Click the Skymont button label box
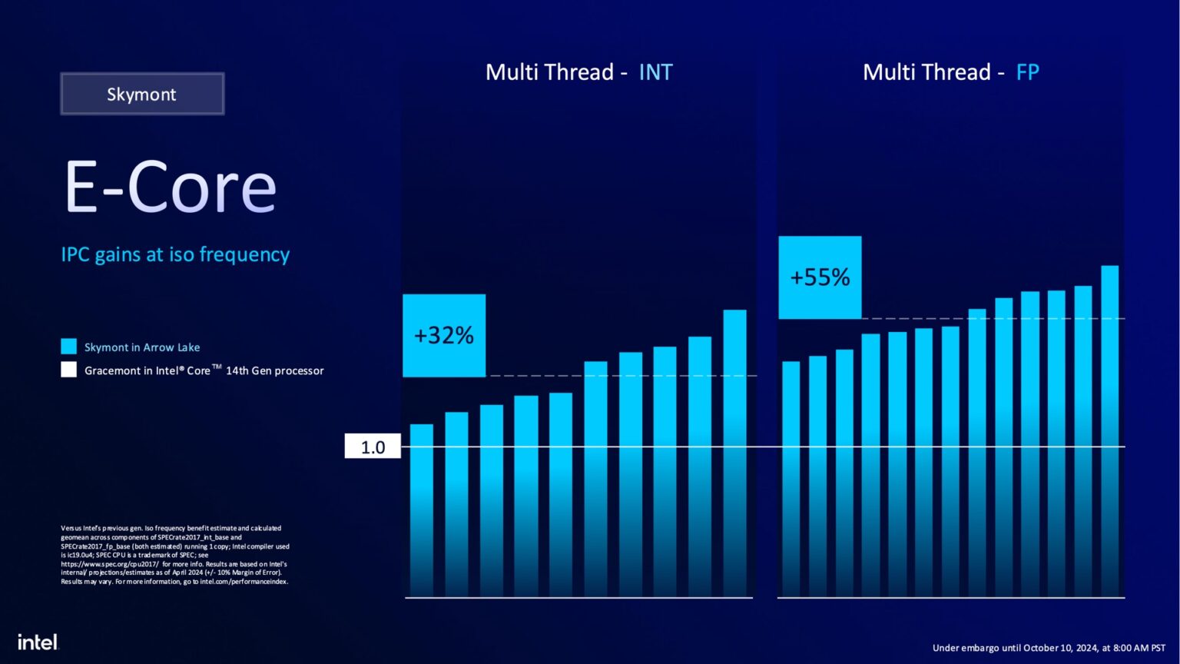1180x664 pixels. pos(142,94)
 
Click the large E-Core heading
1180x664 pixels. pos(170,188)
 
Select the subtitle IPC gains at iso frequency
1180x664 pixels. pos(175,254)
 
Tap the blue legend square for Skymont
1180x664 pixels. pos(69,347)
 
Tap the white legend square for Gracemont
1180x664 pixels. pos(69,370)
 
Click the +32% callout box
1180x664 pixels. pos(444,335)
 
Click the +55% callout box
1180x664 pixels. pos(820,277)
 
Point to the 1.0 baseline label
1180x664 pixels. pos(373,447)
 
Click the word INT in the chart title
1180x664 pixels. pos(655,72)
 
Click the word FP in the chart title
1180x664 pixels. pos(1027,72)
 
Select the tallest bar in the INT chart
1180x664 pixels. pos(734,453)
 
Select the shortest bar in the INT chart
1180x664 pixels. pos(422,510)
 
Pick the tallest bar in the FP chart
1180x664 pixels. pos(1109,430)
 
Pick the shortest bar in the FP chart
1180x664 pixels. pos(791,478)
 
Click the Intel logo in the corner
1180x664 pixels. pos(38,642)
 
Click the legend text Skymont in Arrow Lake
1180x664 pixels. pos(142,347)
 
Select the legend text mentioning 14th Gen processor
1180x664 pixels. pos(204,370)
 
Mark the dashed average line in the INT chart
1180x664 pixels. pos(622,376)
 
